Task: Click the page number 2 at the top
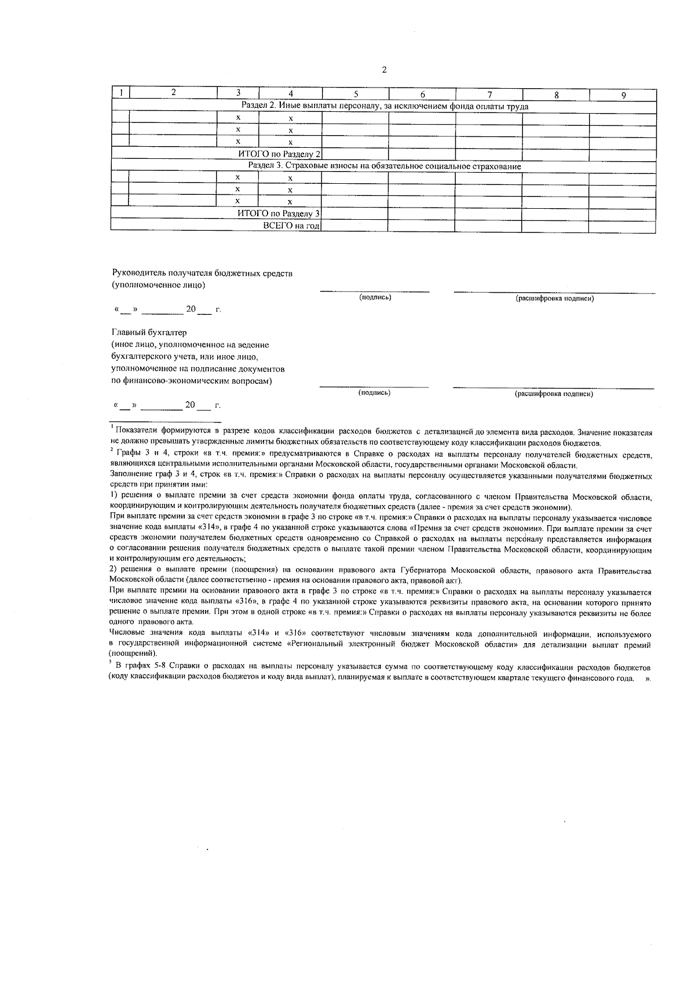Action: pyautogui.click(x=384, y=70)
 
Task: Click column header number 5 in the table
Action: pyautogui.click(x=356, y=95)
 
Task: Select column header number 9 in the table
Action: pyautogui.click(x=623, y=96)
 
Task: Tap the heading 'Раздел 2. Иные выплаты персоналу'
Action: pyautogui.click(x=385, y=107)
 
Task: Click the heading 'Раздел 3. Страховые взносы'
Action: pyautogui.click(x=385, y=166)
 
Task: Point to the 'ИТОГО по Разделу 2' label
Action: pyautogui.click(x=279, y=154)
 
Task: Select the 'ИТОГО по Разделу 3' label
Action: pyautogui.click(x=279, y=213)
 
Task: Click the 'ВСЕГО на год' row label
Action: pyautogui.click(x=291, y=226)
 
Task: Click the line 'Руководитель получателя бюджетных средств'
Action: pyautogui.click(x=202, y=273)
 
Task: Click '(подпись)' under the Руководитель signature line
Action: pyautogui.click(x=375, y=297)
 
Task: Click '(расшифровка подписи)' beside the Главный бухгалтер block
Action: pyautogui.click(x=554, y=394)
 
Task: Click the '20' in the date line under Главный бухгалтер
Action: pyautogui.click(x=190, y=405)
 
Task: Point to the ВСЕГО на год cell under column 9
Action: pyautogui.click(x=623, y=226)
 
